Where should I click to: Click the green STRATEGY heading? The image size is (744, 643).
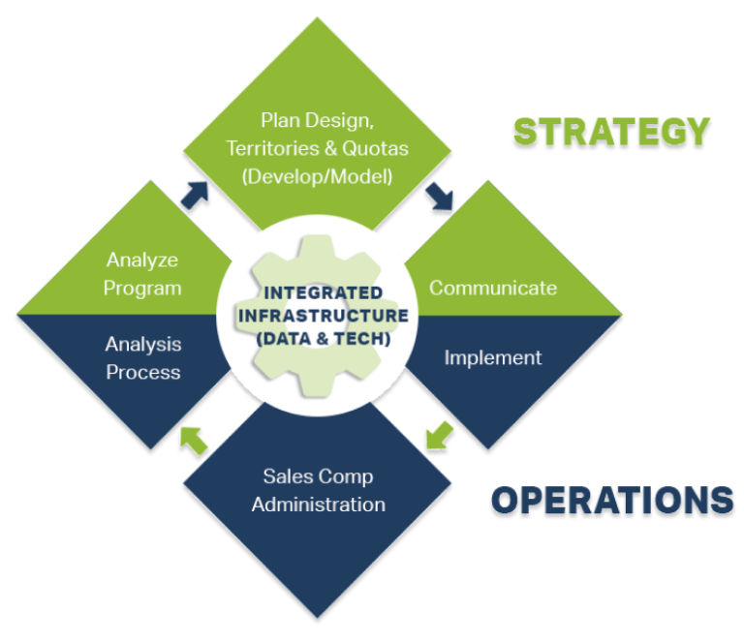[x=611, y=132]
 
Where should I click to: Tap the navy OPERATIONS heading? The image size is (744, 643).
[x=612, y=501]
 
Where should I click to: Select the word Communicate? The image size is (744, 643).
[x=493, y=288]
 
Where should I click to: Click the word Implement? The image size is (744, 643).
[x=493, y=357]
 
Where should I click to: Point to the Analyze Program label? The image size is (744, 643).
[x=143, y=274]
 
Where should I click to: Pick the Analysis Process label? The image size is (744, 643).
[x=143, y=358]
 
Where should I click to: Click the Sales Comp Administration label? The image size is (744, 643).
[x=318, y=490]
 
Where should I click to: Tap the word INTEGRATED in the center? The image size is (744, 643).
[x=323, y=292]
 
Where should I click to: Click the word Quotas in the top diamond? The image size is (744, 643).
[x=376, y=148]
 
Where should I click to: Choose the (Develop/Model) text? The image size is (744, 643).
[x=318, y=176]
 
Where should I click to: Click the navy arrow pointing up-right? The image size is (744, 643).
[x=196, y=194]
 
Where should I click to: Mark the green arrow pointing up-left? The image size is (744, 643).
[x=195, y=441]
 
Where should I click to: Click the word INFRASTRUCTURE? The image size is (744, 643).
[x=323, y=315]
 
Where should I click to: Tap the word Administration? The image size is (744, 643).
[x=318, y=505]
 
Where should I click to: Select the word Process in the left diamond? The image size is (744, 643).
[x=143, y=372]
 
